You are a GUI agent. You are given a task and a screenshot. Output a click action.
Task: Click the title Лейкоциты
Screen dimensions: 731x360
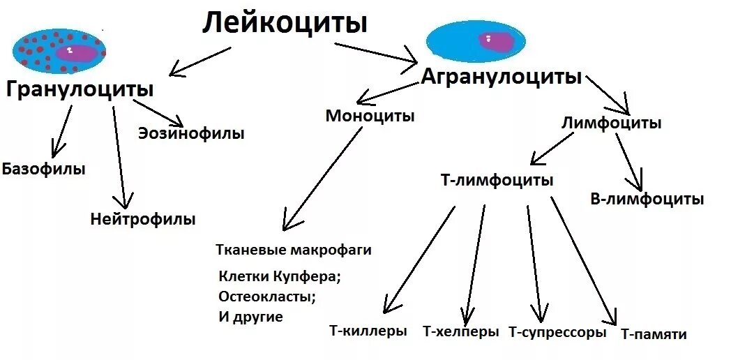pos(285,24)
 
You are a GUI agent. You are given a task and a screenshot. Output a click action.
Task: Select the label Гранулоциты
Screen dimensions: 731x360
pos(80,90)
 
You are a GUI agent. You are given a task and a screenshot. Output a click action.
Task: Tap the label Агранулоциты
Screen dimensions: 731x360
pos(501,77)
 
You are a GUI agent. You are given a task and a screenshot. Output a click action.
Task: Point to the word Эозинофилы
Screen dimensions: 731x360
pos(191,133)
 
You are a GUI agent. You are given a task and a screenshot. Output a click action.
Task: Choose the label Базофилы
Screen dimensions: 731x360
pos(43,169)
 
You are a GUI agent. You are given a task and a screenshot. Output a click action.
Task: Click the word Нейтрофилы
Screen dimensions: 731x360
pos(143,219)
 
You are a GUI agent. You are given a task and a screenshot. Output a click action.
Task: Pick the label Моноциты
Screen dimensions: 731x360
pos(370,116)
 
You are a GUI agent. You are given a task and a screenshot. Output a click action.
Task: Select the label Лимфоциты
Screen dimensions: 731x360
pos(612,123)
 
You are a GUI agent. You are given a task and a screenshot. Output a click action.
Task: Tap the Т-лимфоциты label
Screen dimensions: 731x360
pos(497,180)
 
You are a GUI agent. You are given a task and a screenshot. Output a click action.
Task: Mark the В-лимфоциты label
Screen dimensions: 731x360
pos(647,200)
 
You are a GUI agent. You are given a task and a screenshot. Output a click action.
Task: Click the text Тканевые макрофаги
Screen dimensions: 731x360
pos(294,250)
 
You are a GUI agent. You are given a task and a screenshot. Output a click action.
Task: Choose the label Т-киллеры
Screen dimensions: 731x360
pos(368,331)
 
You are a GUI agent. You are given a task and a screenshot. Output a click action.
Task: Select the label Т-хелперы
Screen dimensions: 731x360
pos(461,332)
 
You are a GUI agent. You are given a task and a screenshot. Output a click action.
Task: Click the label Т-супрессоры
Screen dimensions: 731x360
pos(557,333)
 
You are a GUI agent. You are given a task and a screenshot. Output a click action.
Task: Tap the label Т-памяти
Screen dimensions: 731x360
pos(654,334)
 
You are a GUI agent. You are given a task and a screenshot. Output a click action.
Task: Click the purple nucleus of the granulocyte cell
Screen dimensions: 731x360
pos(76,53)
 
